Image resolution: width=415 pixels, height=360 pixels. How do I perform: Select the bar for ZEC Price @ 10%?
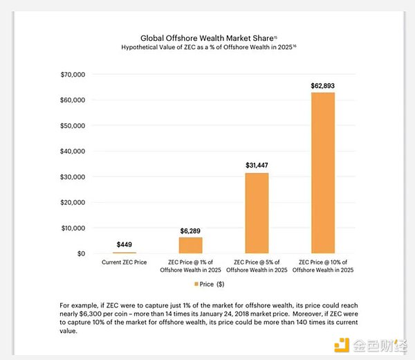[x=323, y=173]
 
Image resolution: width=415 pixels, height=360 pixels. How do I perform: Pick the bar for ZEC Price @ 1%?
[x=191, y=245]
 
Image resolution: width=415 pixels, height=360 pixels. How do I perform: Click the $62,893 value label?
[x=323, y=86]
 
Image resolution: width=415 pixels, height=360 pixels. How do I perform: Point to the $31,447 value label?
[x=257, y=166]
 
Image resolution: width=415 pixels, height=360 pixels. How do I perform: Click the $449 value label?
[x=124, y=245]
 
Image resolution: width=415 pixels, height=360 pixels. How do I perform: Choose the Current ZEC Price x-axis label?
[x=124, y=263]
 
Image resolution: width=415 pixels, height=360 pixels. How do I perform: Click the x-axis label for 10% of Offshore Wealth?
[x=323, y=267]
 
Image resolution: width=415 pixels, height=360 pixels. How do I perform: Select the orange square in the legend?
[x=196, y=284]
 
